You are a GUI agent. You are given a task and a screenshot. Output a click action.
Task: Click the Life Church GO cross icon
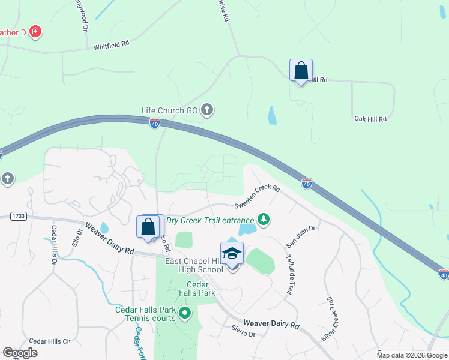[207, 110]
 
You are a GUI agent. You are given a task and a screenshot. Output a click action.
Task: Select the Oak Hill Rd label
[370, 119]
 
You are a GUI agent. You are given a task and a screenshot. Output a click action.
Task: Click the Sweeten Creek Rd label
[258, 196]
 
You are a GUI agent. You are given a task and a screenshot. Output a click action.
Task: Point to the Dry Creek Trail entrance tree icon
[263, 220]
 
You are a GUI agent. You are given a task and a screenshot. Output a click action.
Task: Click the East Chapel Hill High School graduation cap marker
[232, 254]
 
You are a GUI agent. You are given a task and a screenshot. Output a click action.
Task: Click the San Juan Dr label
[301, 234]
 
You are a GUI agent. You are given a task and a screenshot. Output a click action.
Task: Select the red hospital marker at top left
[35, 31]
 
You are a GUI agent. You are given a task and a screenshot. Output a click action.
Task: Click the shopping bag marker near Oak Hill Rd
[301, 71]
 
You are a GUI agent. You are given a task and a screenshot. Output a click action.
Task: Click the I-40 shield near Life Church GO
[155, 124]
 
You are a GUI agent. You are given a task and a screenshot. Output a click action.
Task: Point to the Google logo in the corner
[20, 353]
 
